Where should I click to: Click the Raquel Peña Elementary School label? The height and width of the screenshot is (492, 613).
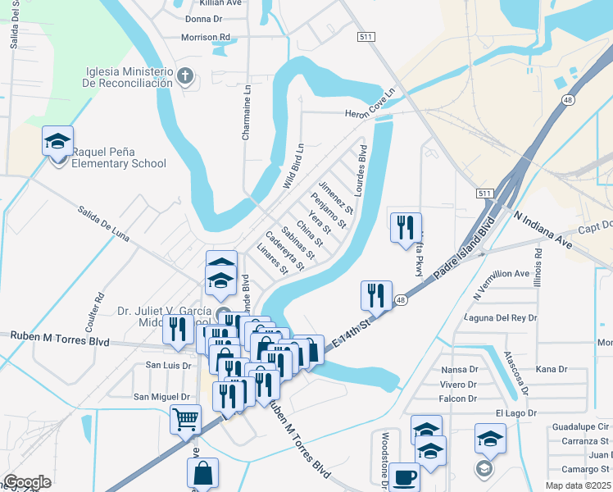[x=119, y=157]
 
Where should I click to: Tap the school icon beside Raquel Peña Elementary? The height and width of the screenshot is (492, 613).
[x=58, y=141]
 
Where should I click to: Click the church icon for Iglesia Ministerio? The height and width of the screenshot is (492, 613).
[x=185, y=78]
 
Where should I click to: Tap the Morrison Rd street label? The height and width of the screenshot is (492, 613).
[x=206, y=37]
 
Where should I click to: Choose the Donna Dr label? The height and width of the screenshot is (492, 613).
[x=204, y=18]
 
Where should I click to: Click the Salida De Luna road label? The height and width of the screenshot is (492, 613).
[x=104, y=224]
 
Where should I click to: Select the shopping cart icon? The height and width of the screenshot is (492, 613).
[x=186, y=419]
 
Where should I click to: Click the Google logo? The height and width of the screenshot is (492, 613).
[x=27, y=483]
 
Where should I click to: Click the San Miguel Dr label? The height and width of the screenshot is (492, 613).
[x=162, y=397]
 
